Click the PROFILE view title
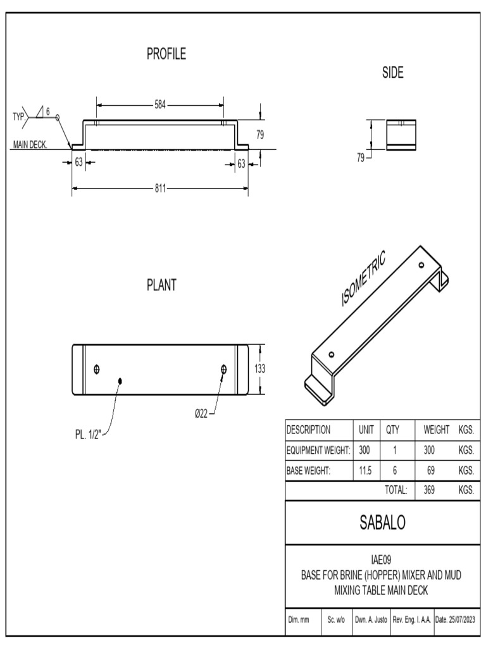point(166,55)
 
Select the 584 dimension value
point(161,105)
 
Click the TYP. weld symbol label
point(20,116)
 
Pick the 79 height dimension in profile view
point(259,134)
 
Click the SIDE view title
point(392,73)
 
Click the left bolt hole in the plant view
point(96,370)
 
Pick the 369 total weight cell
point(428,490)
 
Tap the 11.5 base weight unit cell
point(365,470)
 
